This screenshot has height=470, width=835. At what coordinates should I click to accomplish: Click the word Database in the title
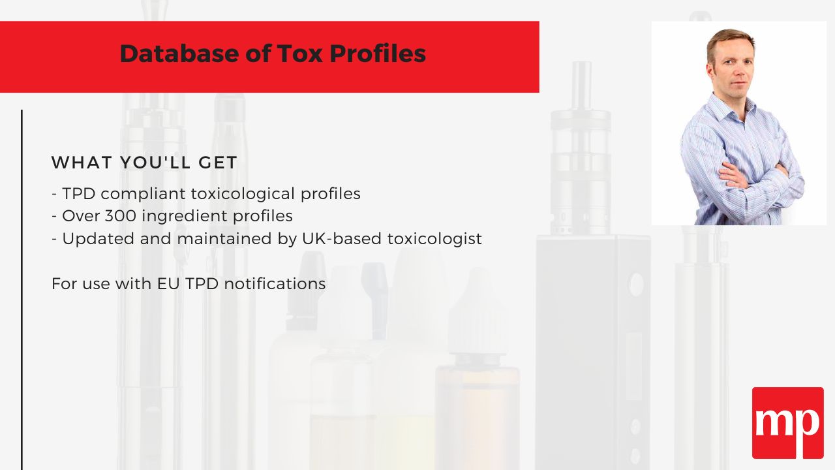point(179,54)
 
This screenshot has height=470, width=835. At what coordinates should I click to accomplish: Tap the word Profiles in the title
point(378,54)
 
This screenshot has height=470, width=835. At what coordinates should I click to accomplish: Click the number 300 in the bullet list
point(121,216)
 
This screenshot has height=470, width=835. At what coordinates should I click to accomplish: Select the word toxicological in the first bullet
point(243,194)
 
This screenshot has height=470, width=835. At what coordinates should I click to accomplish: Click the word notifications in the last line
point(275,284)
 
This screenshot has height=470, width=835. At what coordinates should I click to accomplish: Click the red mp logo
point(787,423)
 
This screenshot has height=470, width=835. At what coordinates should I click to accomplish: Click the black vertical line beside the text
point(22,290)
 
